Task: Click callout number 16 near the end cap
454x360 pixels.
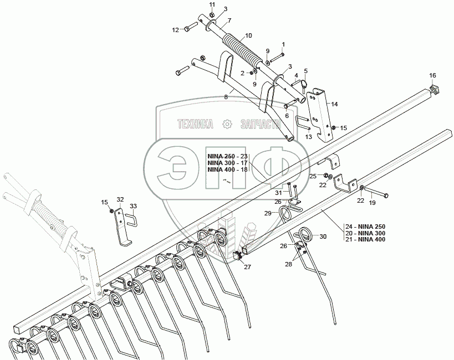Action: click(432, 75)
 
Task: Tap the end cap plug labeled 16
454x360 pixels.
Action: click(435, 89)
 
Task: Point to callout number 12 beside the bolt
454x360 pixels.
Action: click(175, 29)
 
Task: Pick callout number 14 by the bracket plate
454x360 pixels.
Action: click(335, 104)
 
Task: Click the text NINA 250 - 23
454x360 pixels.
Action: click(227, 156)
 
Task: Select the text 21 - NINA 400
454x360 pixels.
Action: click(365, 239)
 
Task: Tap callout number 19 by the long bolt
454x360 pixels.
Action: click(373, 203)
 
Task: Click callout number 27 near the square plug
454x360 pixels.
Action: click(247, 267)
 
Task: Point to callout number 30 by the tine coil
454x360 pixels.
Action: click(339, 236)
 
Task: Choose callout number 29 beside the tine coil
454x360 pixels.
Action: click(267, 213)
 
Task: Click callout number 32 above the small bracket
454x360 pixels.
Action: click(120, 199)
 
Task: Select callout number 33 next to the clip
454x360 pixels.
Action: click(133, 207)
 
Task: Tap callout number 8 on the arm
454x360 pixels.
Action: click(226, 97)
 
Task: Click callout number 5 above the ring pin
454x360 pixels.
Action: click(305, 71)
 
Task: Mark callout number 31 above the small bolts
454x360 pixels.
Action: click(279, 192)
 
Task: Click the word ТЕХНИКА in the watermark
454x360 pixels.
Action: click(195, 124)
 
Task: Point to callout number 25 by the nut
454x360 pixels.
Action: click(313, 176)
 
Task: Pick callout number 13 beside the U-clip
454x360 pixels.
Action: click(309, 136)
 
